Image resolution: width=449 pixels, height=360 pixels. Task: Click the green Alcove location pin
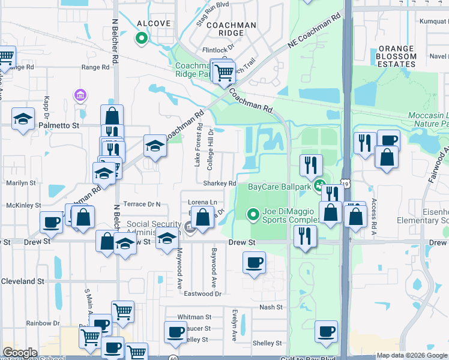[142, 40]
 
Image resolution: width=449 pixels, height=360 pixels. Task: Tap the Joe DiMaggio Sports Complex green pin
[253, 214]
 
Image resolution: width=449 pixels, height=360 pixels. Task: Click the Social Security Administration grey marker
[190, 227]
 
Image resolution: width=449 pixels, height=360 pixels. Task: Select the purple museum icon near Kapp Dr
[80, 95]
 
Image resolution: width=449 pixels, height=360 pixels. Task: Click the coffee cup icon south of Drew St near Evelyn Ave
[254, 262]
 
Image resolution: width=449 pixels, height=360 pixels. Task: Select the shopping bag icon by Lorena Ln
[203, 217]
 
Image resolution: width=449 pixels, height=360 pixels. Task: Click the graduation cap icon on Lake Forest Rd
[155, 145]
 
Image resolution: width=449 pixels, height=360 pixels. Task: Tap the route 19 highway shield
[345, 182]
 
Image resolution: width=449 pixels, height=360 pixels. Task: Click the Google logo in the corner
[20, 352]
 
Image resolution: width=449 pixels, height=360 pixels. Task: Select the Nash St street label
[271, 307]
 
